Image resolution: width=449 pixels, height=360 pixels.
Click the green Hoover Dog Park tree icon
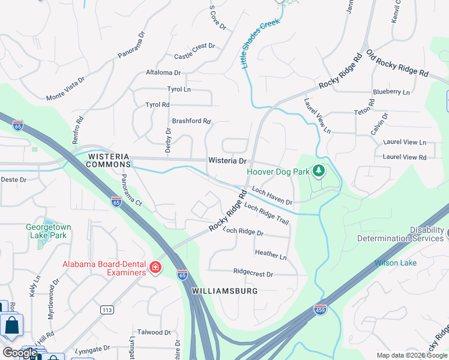coord(319,172)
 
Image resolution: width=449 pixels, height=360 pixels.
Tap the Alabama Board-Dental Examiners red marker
coord(155,267)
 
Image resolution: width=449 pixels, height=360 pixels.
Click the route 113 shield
coord(107,310)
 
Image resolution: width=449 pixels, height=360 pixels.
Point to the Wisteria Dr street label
coord(228,161)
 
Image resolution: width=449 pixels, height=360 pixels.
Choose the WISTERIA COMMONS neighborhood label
coord(109,160)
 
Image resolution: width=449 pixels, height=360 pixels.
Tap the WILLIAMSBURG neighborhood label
coord(224,291)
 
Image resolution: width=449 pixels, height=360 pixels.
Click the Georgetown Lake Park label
coord(49,232)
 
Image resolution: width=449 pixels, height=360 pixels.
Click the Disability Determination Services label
coord(400,234)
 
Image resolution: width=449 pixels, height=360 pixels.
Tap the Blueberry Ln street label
coord(391,92)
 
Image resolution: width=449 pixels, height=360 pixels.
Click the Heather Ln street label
coord(271,254)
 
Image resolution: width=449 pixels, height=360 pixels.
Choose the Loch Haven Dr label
coord(272,195)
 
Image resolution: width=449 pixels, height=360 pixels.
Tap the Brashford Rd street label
coord(191,121)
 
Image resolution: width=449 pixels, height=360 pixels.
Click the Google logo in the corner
coord(20,353)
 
